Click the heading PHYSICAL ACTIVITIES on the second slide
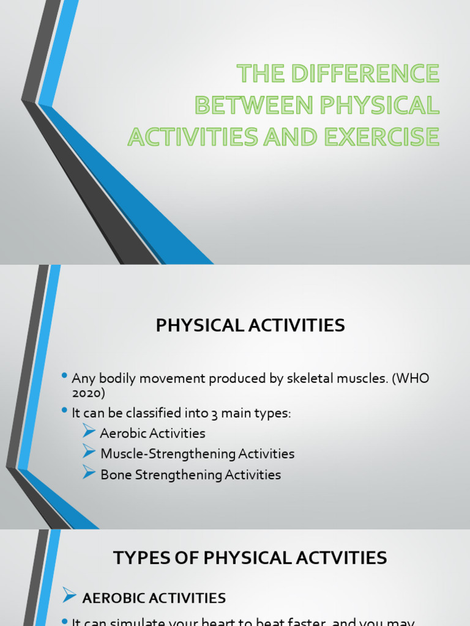[250, 326]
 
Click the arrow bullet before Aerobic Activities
[89, 432]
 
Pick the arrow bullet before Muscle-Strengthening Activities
[89, 453]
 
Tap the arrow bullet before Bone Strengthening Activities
[89, 474]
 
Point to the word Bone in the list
[114, 475]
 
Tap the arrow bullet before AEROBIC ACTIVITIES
[70, 597]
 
